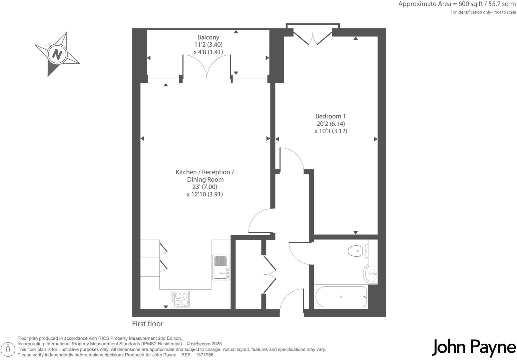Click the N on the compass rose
[x=57, y=54]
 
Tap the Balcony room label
[x=208, y=37]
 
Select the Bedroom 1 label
[x=330, y=116]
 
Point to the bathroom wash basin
[x=371, y=273]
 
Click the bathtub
[x=341, y=297]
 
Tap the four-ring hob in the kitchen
[x=180, y=299]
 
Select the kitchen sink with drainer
[x=221, y=267]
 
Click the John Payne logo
[x=474, y=348]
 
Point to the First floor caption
[x=148, y=324]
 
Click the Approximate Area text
[x=457, y=4]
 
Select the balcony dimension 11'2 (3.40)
[x=208, y=45]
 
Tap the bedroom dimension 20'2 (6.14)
[x=330, y=124]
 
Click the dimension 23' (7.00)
[x=205, y=187]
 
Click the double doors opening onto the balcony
[x=207, y=67]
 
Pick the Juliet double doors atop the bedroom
[x=313, y=36]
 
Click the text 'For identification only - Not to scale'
[x=483, y=12]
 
